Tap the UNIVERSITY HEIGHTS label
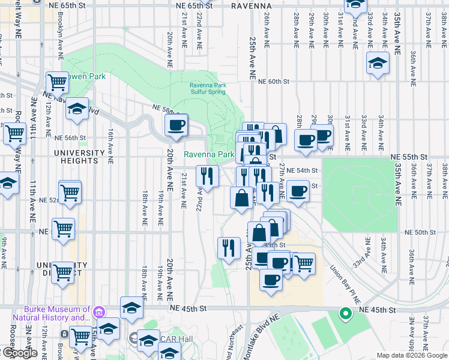pos(80,158)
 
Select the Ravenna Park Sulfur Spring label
pos(208,88)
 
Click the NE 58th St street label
pos(167,110)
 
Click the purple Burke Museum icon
pos(100,312)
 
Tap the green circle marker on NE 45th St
pos(345,313)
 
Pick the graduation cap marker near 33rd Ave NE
pos(378,63)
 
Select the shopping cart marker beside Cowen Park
pos(56,82)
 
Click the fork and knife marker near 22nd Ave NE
pos(207,176)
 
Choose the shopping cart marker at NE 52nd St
pos(70,193)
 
